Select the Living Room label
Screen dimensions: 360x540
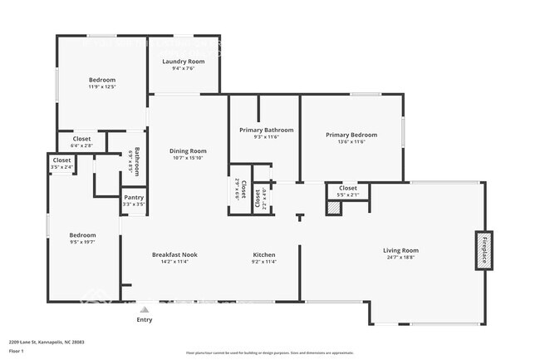[x=400, y=250]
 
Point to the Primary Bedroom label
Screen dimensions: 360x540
[x=351, y=135]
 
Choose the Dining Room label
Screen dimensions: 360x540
[x=188, y=150]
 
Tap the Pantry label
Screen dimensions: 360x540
[x=134, y=197]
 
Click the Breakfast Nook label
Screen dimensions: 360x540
[x=174, y=254]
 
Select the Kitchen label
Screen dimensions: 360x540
[x=264, y=254]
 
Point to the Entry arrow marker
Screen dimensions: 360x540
[x=145, y=308]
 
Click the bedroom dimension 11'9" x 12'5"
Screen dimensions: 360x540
[x=101, y=86]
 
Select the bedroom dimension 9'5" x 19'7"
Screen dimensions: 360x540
[x=82, y=242]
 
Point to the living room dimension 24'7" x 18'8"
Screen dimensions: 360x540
[x=400, y=258]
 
